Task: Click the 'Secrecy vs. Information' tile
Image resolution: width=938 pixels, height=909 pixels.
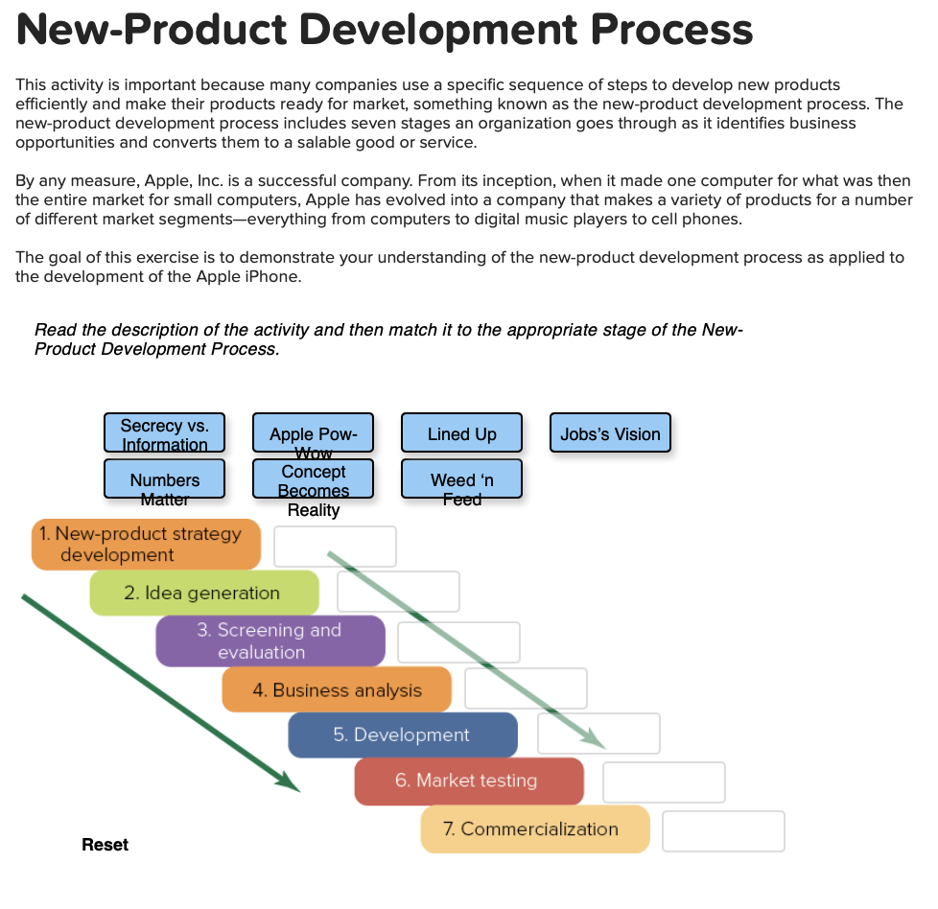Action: click(164, 433)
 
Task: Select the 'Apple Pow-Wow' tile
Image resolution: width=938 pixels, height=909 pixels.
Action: click(314, 433)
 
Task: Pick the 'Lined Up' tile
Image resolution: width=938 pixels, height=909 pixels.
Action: click(461, 433)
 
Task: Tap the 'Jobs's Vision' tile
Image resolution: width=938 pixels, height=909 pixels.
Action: click(610, 433)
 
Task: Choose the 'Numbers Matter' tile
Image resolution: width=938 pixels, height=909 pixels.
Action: click(164, 479)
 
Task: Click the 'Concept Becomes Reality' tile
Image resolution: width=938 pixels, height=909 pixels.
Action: click(314, 479)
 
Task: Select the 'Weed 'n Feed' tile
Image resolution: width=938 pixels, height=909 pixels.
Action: click(461, 479)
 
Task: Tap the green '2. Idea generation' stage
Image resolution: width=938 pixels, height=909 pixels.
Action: click(203, 594)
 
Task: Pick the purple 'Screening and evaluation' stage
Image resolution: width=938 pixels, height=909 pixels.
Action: click(270, 641)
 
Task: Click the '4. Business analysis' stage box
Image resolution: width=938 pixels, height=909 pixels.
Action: click(337, 690)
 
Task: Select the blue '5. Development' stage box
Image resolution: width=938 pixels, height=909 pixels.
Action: click(402, 735)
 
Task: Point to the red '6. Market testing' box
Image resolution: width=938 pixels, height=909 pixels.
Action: click(468, 781)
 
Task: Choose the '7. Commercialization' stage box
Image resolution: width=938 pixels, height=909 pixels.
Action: click(534, 829)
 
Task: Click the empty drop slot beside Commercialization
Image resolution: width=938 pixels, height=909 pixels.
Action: click(723, 831)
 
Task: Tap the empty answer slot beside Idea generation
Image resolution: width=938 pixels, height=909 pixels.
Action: click(398, 592)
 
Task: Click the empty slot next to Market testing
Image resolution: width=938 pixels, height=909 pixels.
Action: click(664, 782)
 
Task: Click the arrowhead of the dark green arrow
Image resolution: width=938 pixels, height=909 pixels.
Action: click(291, 784)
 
